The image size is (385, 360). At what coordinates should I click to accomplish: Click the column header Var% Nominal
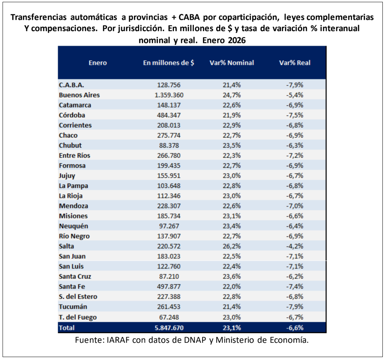pyautogui.click(x=232, y=63)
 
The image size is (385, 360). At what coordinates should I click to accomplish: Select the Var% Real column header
pyautogui.click(x=295, y=63)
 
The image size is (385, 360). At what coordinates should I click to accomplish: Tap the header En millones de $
pyautogui.click(x=168, y=63)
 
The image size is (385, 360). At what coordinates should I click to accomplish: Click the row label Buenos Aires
pyautogui.click(x=79, y=95)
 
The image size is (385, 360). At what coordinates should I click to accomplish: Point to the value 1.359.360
pyautogui.click(x=168, y=95)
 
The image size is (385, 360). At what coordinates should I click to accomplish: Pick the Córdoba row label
pyautogui.click(x=72, y=115)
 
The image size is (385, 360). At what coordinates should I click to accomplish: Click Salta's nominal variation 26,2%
pyautogui.click(x=232, y=246)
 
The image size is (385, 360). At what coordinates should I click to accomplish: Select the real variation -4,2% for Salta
pyautogui.click(x=295, y=246)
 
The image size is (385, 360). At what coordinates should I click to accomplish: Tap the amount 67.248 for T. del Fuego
pyautogui.click(x=168, y=317)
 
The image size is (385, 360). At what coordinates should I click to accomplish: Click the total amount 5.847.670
pyautogui.click(x=168, y=328)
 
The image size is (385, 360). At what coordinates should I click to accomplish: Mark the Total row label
pyautogui.click(x=66, y=328)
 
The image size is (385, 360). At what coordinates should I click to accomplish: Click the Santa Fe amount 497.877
pyautogui.click(x=168, y=287)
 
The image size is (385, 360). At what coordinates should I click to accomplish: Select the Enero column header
pyautogui.click(x=98, y=63)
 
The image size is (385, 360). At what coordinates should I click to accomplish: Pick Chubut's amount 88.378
pyautogui.click(x=168, y=145)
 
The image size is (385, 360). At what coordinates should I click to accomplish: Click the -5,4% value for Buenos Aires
pyautogui.click(x=295, y=95)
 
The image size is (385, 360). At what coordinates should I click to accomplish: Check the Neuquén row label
pyautogui.click(x=73, y=226)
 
